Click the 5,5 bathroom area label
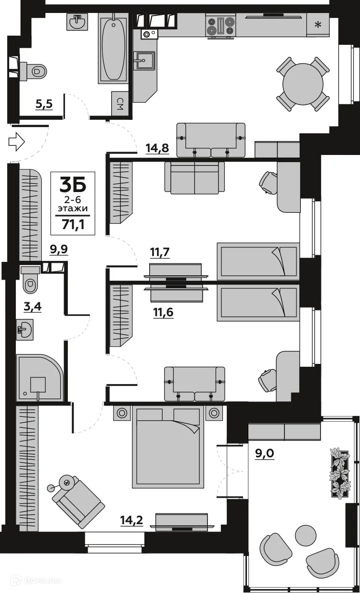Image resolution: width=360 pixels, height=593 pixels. (x=44, y=104)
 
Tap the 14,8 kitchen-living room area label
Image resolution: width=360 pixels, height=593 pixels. (x=157, y=148)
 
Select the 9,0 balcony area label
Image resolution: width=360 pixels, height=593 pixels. (x=264, y=453)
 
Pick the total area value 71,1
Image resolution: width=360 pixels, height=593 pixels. (x=73, y=224)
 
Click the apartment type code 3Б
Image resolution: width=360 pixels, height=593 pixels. (x=73, y=185)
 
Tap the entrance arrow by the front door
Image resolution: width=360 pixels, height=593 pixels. (x=16, y=142)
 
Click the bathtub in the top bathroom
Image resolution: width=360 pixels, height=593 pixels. (x=113, y=48)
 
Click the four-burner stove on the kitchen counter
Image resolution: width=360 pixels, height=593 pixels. (x=220, y=26)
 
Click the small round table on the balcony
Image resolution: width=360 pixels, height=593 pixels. (x=305, y=534)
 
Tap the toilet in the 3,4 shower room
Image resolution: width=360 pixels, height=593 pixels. (x=30, y=281)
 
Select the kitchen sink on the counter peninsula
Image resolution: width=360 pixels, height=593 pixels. (x=144, y=61)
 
